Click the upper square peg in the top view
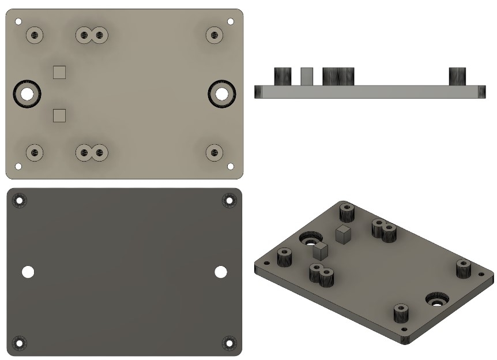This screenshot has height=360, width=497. pyautogui.click(x=59, y=72)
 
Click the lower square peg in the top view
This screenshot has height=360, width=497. pyautogui.click(x=59, y=116)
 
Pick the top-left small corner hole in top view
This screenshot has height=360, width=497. pyautogui.click(x=18, y=21)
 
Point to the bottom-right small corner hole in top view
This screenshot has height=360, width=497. pyautogui.click(x=231, y=166)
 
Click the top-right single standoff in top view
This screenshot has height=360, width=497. pyautogui.click(x=214, y=35)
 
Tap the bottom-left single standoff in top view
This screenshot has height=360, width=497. pyautogui.click(x=35, y=152)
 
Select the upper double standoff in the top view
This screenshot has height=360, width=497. pyautogui.click(x=92, y=36)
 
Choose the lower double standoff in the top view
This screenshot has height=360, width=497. pyautogui.click(x=92, y=153)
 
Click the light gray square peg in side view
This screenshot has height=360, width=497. pyautogui.click(x=307, y=76)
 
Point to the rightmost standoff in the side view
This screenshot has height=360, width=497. pyautogui.click(x=457, y=76)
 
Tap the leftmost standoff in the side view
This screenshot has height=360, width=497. pyautogui.click(x=282, y=76)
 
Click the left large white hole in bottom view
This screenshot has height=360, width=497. pyautogui.click(x=28, y=272)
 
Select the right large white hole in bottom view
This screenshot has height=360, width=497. pyautogui.click(x=221, y=272)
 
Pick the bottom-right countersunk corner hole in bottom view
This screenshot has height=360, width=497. pyautogui.click(x=229, y=343)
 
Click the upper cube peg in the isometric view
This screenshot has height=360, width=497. pyautogui.click(x=344, y=234)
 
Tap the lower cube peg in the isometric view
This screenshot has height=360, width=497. pyautogui.click(x=321, y=249)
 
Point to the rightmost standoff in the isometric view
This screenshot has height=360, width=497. pyautogui.click(x=464, y=269)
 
